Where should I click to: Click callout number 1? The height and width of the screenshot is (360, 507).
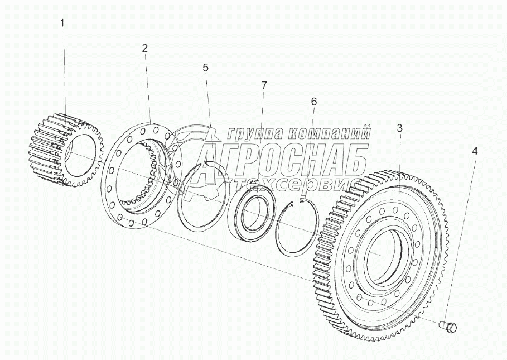click(62, 23)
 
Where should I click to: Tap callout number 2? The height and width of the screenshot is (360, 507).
click(144, 48)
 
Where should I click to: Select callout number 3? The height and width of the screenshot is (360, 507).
click(399, 128)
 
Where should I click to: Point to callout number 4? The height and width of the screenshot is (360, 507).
click(475, 151)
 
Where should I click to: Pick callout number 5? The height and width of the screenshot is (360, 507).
click(206, 68)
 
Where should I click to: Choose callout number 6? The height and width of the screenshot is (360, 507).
click(313, 102)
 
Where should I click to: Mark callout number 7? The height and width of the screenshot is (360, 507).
click(264, 85)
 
